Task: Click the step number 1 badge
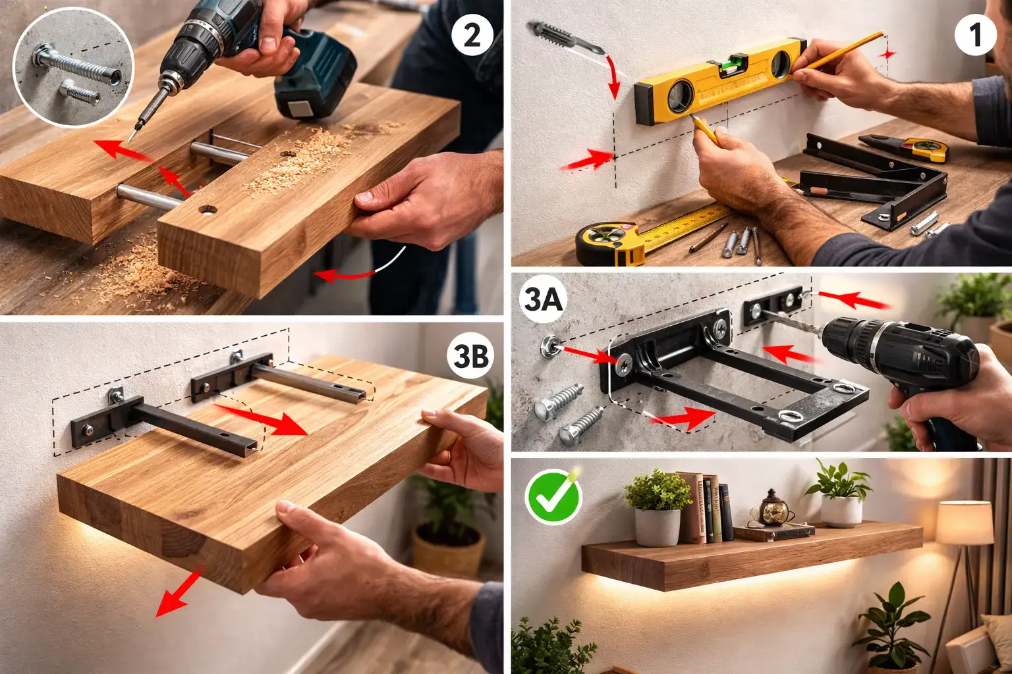point(975,35)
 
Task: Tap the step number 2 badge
point(472,35)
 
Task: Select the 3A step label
point(543,298)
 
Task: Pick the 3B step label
point(470,355)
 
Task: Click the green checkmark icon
point(553,496)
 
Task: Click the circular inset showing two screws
point(73,67)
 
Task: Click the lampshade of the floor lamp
point(965,523)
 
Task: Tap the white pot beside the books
point(658,527)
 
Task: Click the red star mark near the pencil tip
point(887,55)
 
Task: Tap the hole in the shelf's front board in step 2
point(208,209)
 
